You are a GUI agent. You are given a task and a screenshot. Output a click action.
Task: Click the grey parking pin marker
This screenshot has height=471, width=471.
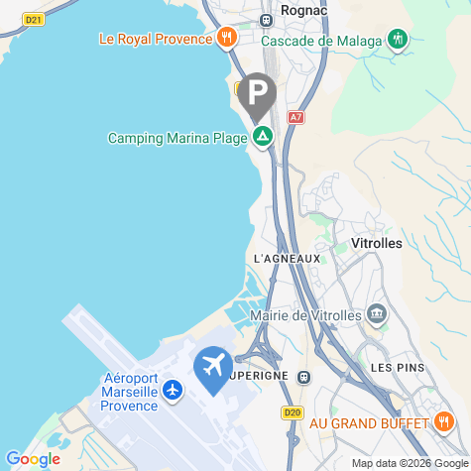click(x=258, y=95)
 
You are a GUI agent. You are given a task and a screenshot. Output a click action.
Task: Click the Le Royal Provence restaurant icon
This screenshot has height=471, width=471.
click(x=227, y=39)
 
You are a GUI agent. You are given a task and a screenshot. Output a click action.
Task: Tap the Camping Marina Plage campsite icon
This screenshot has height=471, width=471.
click(x=262, y=138)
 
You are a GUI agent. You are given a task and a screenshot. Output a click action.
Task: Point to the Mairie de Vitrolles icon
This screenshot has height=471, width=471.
click(x=377, y=315)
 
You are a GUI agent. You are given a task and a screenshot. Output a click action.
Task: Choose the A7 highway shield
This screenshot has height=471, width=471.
click(x=295, y=117)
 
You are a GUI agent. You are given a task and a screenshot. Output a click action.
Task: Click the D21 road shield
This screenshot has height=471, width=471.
click(x=33, y=19)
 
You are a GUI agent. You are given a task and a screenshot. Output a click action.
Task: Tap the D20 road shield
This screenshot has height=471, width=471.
click(x=292, y=412)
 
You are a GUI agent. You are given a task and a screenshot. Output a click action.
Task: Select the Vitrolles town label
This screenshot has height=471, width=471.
click(x=377, y=243)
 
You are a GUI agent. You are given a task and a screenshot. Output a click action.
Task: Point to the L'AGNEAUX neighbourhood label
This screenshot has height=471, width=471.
click(x=288, y=259)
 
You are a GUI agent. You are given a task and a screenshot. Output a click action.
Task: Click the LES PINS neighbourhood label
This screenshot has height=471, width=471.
click(x=398, y=367)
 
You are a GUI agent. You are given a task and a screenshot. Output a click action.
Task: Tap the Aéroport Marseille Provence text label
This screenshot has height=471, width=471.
click(x=130, y=392)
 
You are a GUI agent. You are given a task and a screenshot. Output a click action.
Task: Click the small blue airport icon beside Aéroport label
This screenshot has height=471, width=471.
click(x=174, y=390)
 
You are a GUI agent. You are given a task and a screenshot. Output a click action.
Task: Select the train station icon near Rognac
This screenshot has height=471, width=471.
click(x=266, y=20)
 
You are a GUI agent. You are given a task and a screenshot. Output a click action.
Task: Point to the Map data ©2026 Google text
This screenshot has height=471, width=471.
click(x=410, y=463)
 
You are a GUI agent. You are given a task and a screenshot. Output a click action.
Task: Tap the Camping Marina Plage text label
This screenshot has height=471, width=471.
click(x=177, y=139)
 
